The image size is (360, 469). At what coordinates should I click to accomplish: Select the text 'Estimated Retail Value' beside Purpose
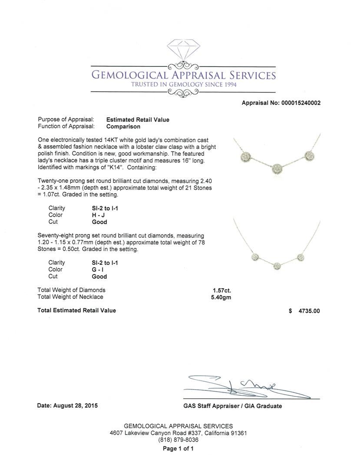coord(138,119)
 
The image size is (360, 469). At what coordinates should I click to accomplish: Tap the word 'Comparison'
coord(123,126)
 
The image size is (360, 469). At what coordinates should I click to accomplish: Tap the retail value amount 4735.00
coord(308,311)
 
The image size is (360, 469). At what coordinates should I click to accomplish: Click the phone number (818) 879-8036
coord(178,440)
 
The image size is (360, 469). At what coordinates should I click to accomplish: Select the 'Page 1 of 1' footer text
coord(178,449)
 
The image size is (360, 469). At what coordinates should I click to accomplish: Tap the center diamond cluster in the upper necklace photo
coord(277,168)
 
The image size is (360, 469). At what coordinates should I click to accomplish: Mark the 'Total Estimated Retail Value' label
coord(77,310)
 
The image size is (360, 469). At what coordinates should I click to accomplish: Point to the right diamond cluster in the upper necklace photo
coord(310,155)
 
